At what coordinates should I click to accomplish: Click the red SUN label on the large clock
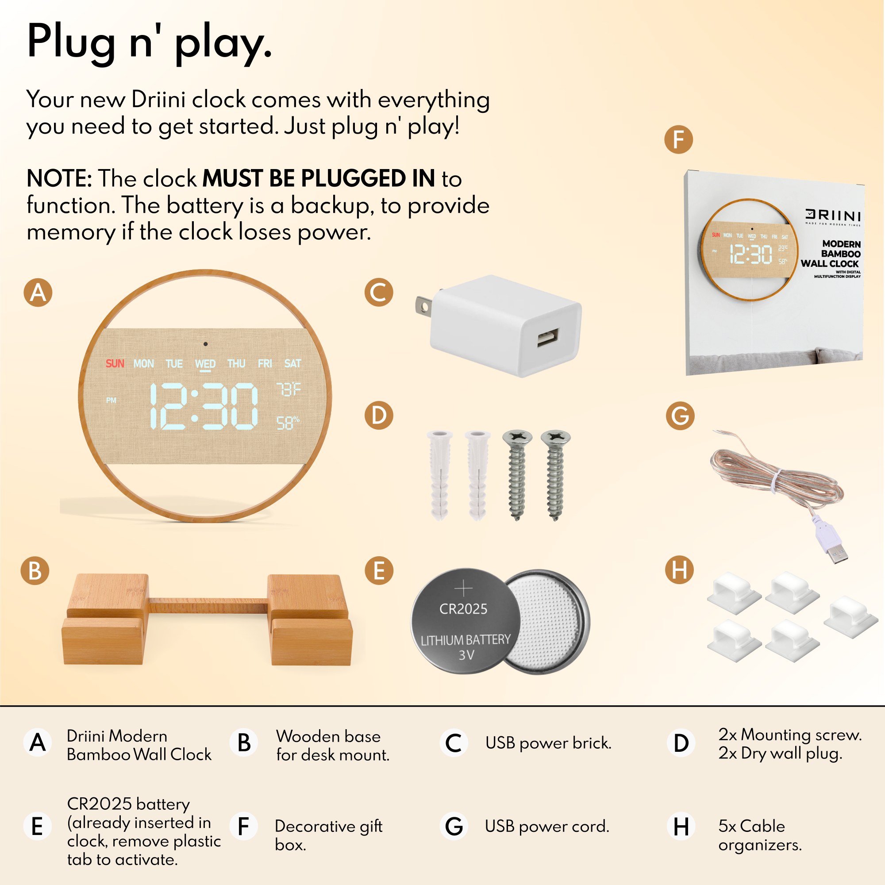point(115,364)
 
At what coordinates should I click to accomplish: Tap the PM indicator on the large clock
point(112,400)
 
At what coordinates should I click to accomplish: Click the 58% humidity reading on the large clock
point(288,423)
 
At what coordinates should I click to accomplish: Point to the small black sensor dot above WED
point(206,344)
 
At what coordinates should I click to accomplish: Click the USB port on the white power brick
point(548,338)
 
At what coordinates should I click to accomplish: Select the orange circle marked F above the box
point(678,140)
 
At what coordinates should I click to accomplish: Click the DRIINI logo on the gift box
point(833,215)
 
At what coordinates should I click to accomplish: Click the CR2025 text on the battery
point(463,609)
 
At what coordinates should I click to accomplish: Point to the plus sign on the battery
point(464,588)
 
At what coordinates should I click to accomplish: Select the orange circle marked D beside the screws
point(379,416)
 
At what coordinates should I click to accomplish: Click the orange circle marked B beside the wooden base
point(35,571)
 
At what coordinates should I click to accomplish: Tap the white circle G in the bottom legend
point(454,826)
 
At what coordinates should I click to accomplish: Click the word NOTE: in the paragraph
point(60,178)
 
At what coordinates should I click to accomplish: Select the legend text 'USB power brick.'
point(548,743)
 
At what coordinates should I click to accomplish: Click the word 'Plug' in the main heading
point(71,42)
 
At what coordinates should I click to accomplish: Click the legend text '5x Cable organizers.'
point(760,835)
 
